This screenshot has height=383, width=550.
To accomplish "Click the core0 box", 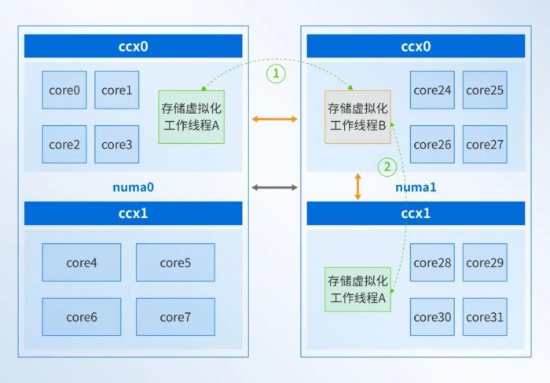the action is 64,90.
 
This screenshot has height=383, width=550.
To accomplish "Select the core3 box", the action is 117,144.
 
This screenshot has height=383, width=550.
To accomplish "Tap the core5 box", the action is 175,262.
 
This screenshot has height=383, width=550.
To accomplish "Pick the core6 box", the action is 82,317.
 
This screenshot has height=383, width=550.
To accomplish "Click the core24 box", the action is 432,90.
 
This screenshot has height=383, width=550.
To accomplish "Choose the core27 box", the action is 485,144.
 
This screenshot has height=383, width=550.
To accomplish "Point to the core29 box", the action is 485,262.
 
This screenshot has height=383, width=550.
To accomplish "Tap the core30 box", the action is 432,317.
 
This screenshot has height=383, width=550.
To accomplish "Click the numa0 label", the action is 134,187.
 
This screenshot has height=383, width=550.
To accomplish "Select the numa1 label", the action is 416,187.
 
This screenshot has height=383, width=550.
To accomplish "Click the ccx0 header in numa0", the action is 134,46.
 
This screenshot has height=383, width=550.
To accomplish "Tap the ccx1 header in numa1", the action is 416,213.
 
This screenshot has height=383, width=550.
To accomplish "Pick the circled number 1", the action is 276,74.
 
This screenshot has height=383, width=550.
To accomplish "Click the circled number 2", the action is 387,167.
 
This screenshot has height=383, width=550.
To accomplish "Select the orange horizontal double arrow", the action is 275,119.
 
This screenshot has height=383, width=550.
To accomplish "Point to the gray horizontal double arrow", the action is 275,187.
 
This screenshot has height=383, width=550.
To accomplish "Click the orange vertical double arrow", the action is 357,186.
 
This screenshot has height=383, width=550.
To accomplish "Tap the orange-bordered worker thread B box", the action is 357,117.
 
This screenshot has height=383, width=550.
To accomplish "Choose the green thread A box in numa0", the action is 192,117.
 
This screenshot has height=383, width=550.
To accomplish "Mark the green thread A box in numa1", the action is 357,289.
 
